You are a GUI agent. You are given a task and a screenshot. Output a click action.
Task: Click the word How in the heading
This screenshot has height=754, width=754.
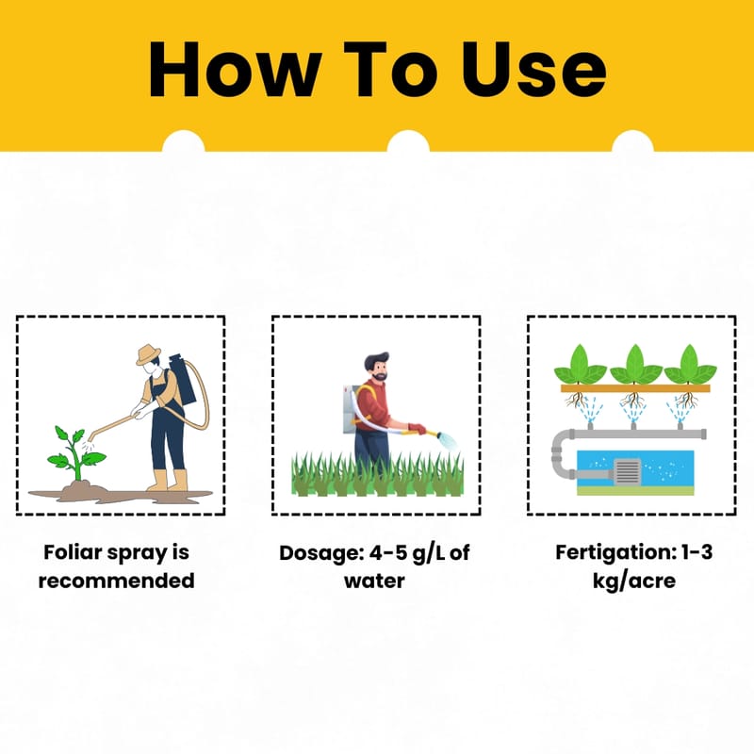coord(235,70)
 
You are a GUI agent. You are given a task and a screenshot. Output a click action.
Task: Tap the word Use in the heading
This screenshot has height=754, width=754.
coord(533,70)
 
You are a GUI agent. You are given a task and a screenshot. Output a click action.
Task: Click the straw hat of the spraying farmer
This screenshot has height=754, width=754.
coord(148,354)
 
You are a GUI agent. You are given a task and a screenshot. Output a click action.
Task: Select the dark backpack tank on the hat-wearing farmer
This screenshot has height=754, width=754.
coord(182,379)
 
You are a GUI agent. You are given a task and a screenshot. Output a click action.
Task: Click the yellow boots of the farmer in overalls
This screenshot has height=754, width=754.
coord(168,480)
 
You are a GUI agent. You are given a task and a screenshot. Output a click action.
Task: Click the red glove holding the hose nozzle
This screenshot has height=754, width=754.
coord(417,428)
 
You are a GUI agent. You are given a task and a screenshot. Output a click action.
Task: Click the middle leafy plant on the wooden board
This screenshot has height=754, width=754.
coord(635,365)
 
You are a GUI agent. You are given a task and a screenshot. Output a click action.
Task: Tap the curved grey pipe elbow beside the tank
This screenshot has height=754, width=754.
coord(561,454)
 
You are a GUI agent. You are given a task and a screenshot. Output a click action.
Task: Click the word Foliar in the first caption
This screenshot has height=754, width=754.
coord(73,552)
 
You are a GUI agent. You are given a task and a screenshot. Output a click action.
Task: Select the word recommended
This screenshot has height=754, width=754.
coord(116,581)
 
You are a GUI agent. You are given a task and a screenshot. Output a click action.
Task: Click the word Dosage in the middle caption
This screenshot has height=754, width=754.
coord(321,553)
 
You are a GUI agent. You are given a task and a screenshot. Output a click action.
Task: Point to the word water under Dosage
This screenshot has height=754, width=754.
coord(374,581)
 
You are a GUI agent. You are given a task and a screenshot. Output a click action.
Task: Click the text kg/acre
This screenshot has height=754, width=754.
coord(633,581)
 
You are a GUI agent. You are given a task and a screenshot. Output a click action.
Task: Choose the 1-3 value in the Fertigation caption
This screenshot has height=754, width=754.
coord(697,552)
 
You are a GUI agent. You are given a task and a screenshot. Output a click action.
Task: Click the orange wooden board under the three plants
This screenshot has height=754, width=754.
coord(635,388)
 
